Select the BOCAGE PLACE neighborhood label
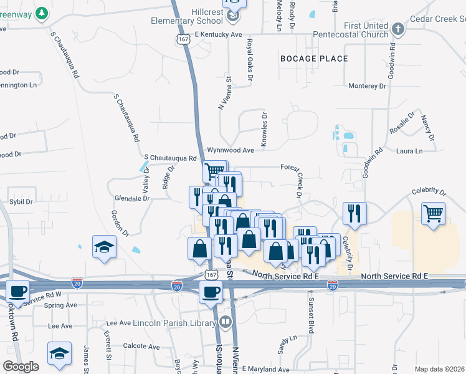coord(314,59)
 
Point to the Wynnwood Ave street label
coord(231,150)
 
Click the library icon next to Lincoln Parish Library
coord(225,323)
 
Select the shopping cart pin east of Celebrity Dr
coord(433,214)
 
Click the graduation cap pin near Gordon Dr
coord(104,246)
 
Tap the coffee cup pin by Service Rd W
coord(17,291)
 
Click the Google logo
coord(21,367)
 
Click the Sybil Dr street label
coord(21,202)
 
